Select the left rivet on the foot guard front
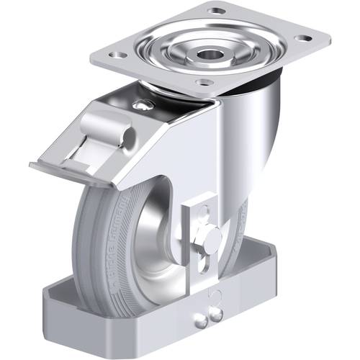(199, 315)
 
